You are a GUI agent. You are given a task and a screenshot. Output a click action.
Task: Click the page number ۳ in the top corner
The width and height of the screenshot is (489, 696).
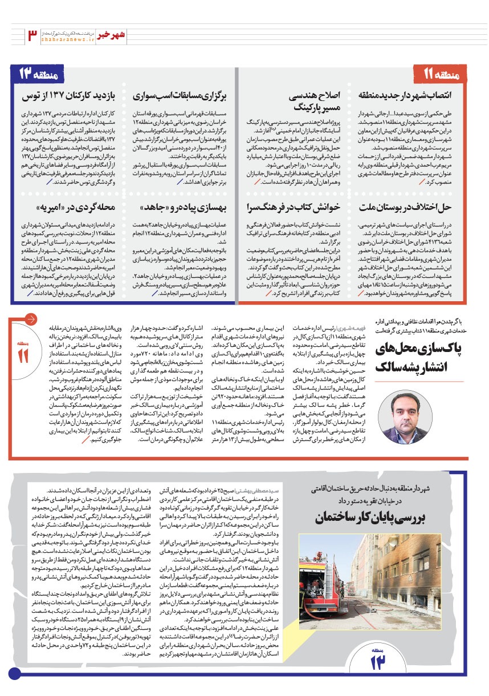pyautogui.click(x=32, y=35)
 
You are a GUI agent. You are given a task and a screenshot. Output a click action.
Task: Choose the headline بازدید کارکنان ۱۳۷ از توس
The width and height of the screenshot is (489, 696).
pyautogui.click(x=68, y=96)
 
